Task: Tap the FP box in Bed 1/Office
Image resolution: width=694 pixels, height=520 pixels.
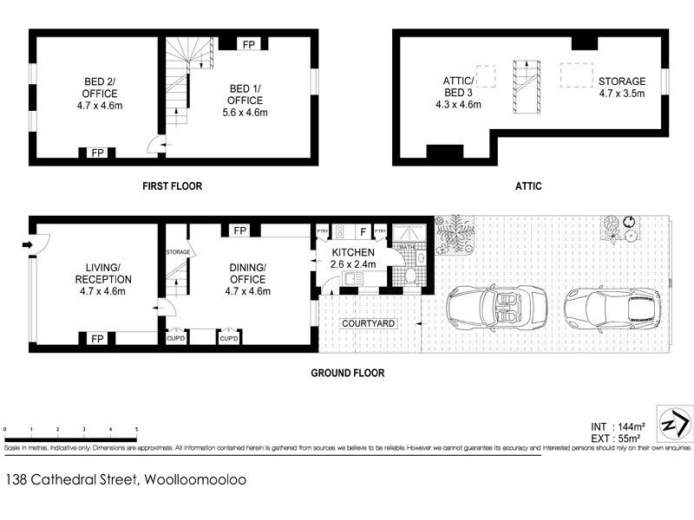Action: point(248,43)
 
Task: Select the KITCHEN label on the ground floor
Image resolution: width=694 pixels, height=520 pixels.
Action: point(353,252)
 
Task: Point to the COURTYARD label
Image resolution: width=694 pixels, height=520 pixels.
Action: point(369,323)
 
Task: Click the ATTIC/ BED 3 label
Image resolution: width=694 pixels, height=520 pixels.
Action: point(457,93)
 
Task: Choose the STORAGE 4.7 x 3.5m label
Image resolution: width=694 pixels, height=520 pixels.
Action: point(622,88)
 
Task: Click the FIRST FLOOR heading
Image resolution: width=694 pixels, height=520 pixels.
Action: point(173,186)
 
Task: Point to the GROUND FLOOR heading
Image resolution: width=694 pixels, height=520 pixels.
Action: point(347,374)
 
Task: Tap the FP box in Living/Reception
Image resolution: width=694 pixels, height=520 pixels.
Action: point(96,339)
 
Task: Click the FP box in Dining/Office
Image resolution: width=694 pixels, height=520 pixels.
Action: point(239,231)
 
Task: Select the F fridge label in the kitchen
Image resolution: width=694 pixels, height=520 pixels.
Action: point(360,231)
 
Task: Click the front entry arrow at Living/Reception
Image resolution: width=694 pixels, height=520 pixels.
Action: point(29,245)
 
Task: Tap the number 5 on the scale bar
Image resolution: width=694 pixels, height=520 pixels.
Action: point(136,430)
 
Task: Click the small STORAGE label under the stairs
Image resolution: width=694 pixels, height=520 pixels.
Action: point(177,251)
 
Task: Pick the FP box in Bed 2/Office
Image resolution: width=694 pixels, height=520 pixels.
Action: point(96,153)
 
